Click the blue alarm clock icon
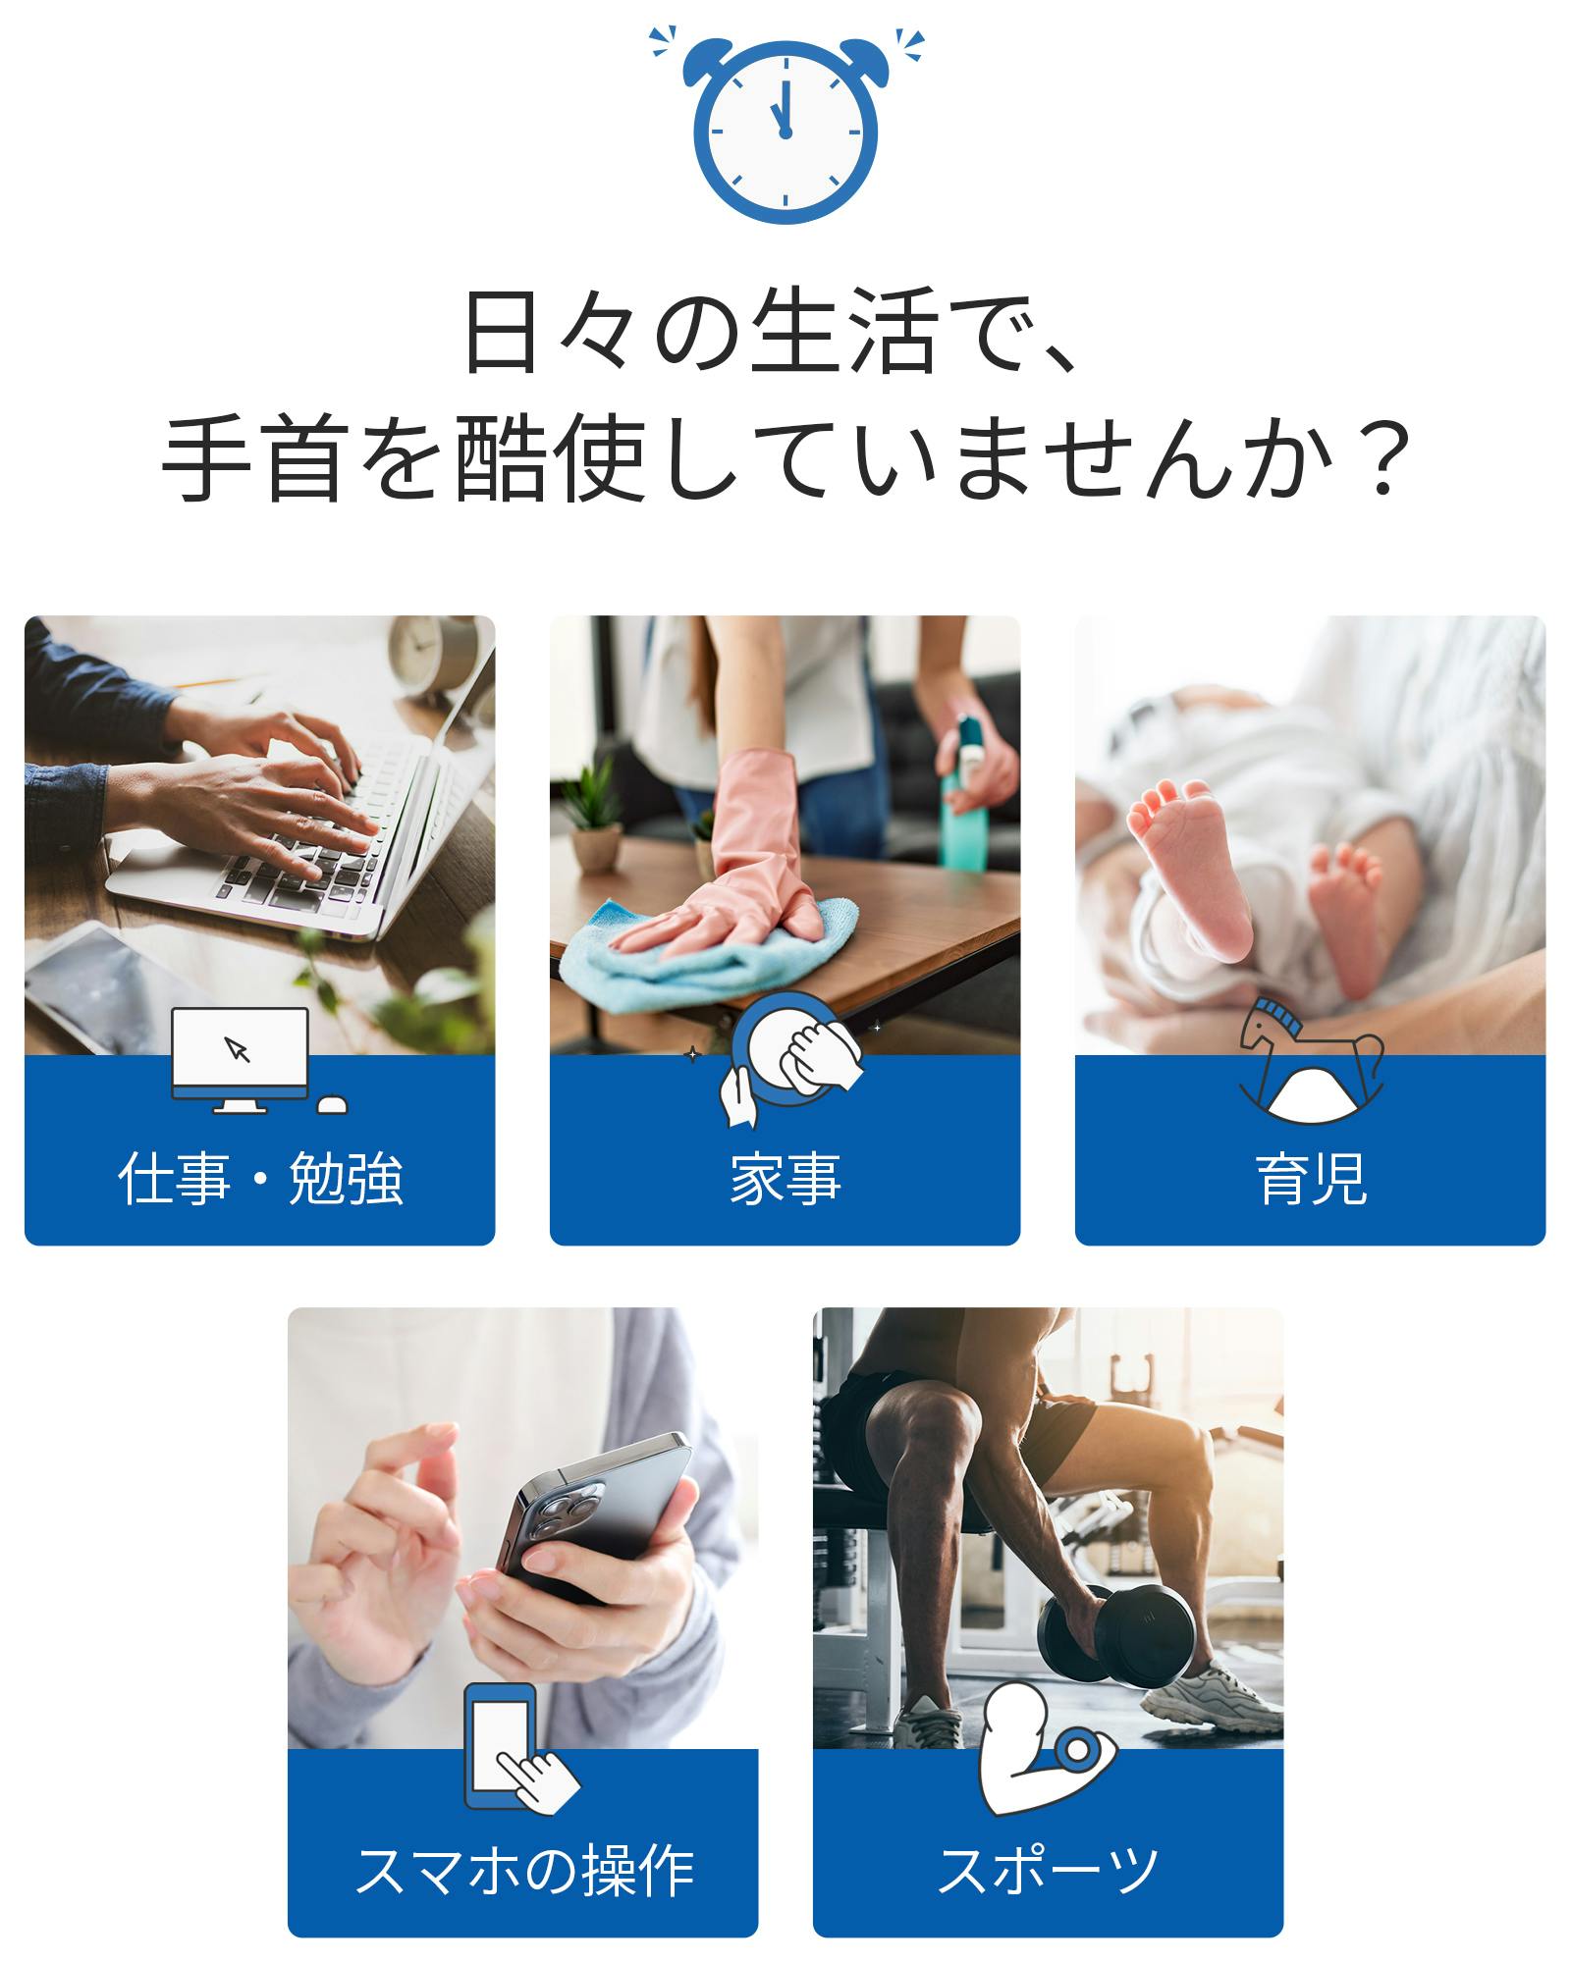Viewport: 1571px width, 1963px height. click(785, 128)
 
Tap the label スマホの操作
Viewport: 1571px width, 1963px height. click(523, 1870)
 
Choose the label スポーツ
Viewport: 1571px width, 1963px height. click(1048, 1870)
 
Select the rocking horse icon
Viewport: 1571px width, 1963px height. click(1311, 1060)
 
